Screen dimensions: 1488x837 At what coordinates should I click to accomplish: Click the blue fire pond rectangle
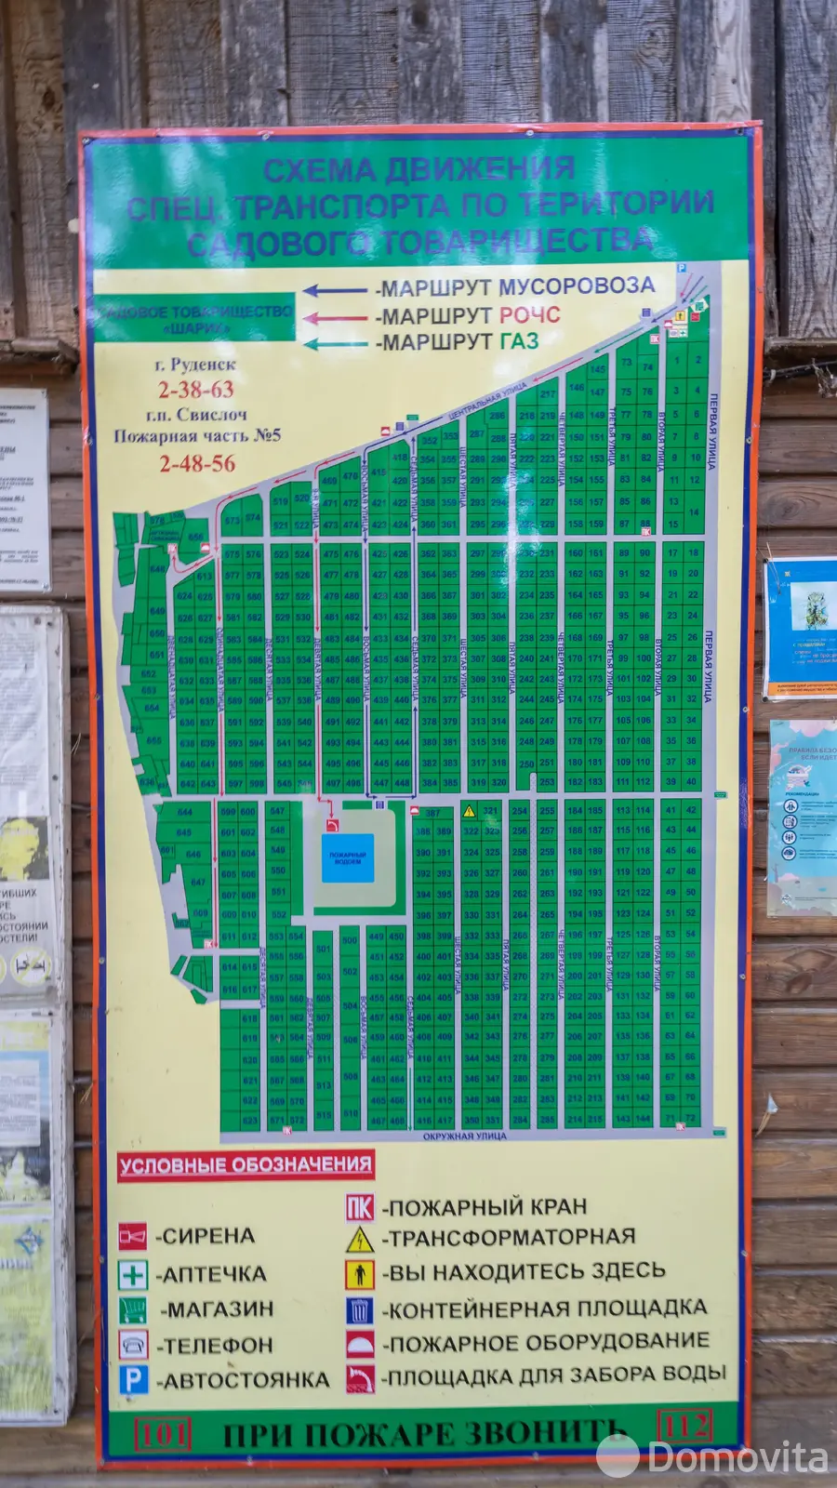pyautogui.click(x=348, y=857)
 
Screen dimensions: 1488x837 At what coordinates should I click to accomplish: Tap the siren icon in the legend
pyautogui.click(x=133, y=1236)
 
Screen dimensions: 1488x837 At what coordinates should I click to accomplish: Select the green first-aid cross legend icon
pyautogui.click(x=133, y=1273)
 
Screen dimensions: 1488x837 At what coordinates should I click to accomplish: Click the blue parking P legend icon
pyautogui.click(x=133, y=1380)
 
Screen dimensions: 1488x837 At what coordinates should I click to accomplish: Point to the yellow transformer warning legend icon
pyautogui.click(x=359, y=1239)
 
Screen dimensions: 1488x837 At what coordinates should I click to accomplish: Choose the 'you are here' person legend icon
pyautogui.click(x=359, y=1273)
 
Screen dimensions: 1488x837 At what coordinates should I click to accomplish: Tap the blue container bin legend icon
pyautogui.click(x=359, y=1309)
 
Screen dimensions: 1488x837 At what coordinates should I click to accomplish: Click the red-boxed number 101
pyautogui.click(x=163, y=1433)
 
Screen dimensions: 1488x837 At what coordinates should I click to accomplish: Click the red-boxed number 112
pyautogui.click(x=684, y=1425)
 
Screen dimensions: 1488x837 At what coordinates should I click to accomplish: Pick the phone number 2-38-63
pyautogui.click(x=195, y=390)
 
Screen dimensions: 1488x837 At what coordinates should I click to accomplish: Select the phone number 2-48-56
pyautogui.click(x=197, y=463)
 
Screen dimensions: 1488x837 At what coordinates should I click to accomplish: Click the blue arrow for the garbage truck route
pyautogui.click(x=335, y=290)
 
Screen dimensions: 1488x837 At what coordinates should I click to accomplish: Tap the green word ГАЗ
pyautogui.click(x=519, y=341)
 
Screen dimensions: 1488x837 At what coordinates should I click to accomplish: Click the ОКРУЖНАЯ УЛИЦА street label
pyautogui.click(x=464, y=1136)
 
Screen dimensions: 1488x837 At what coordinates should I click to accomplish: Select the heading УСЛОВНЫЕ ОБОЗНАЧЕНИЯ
pyautogui.click(x=245, y=1165)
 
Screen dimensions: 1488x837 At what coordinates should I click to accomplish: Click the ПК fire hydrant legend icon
pyautogui.click(x=359, y=1207)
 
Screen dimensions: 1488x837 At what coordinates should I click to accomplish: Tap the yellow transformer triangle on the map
pyautogui.click(x=470, y=811)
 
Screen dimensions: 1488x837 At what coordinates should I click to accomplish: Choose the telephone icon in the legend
pyautogui.click(x=133, y=1345)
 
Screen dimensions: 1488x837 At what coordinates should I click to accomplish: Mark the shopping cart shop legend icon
pyautogui.click(x=133, y=1309)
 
